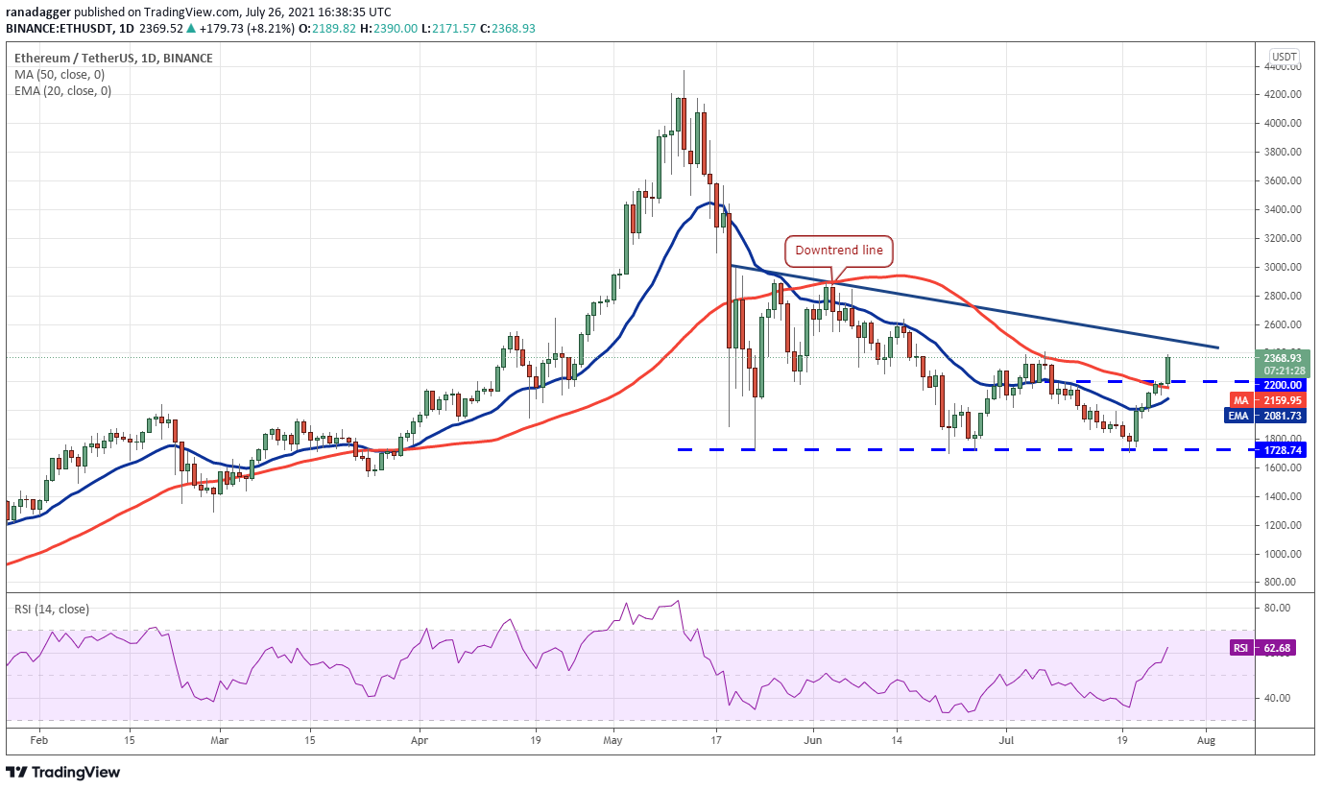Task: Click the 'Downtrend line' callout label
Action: (839, 251)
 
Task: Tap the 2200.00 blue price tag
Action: (1281, 385)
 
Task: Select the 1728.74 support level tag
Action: (1281, 450)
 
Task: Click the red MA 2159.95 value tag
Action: (1268, 400)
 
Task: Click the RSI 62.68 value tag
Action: (1262, 648)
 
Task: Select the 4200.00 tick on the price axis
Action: (1282, 94)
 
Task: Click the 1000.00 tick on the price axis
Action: (1282, 554)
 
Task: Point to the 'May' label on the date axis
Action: (612, 740)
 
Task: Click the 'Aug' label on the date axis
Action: (1206, 740)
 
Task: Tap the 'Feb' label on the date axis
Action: (39, 740)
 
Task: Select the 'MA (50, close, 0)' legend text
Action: (60, 75)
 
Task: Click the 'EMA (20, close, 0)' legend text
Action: (63, 91)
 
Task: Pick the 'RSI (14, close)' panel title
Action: (52, 610)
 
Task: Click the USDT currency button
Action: (1284, 57)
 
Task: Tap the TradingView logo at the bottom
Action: (62, 773)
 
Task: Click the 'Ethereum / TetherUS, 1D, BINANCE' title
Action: (113, 59)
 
